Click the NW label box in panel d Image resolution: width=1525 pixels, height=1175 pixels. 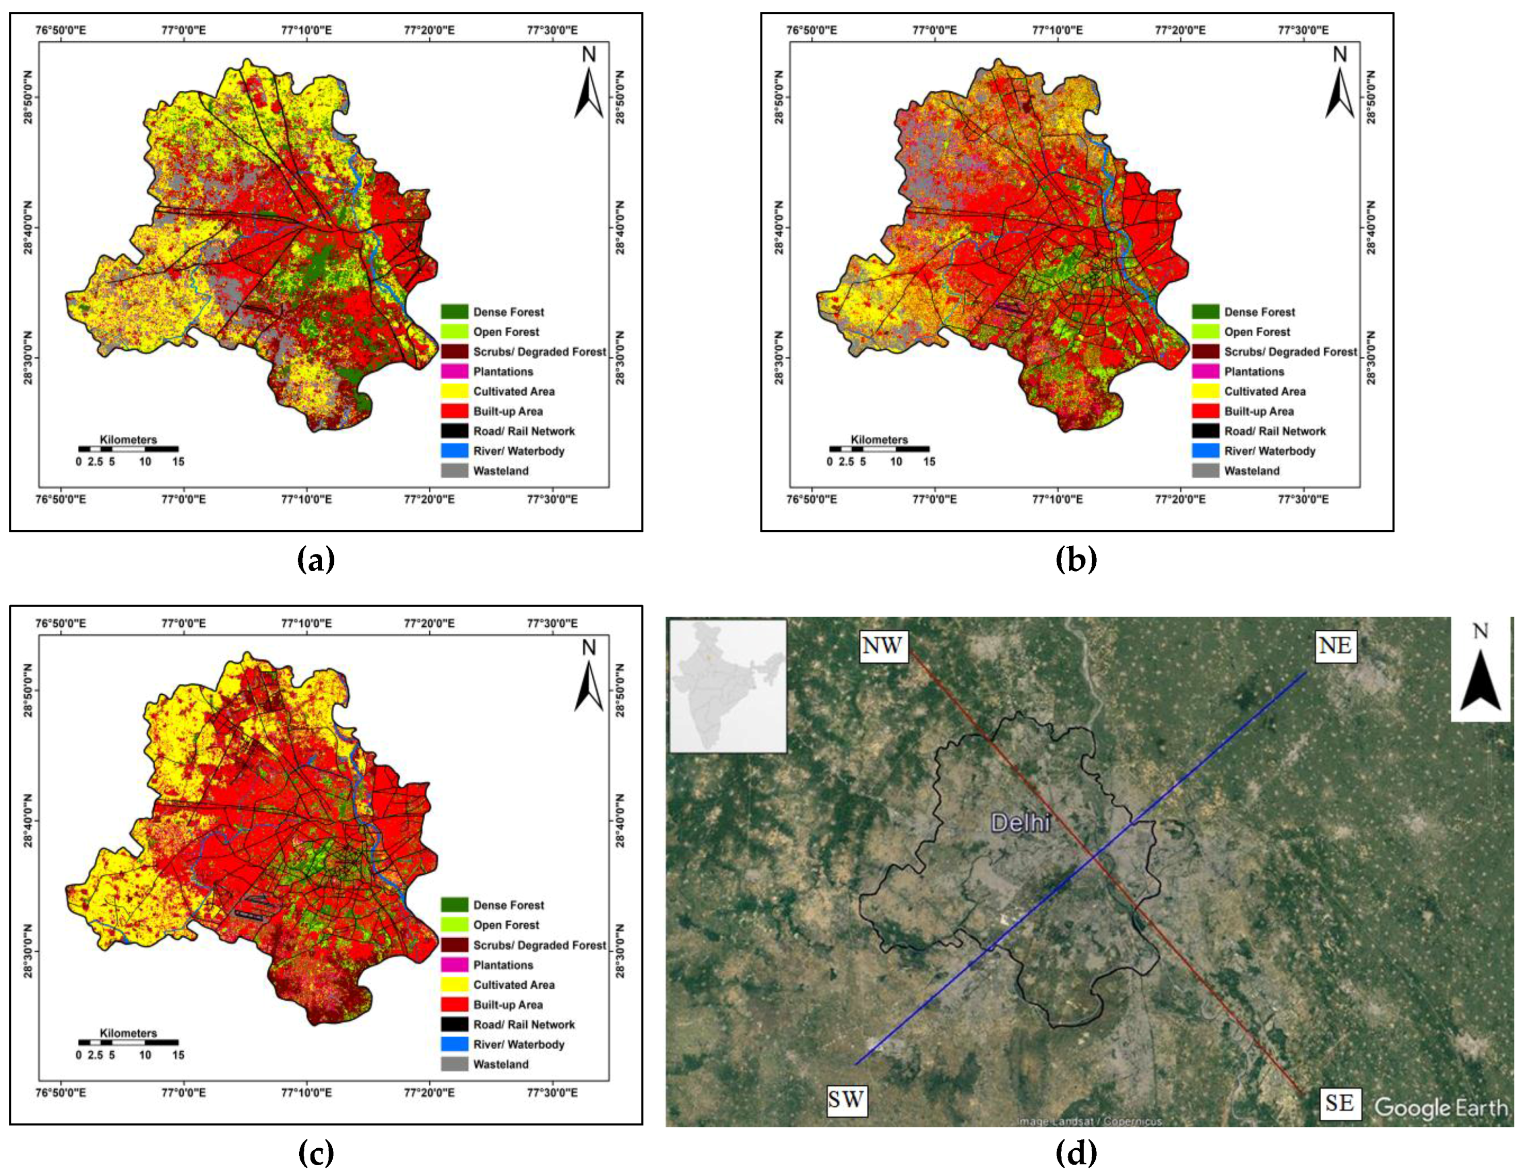pos(883,645)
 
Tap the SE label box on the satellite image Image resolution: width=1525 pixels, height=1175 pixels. pos(1339,1103)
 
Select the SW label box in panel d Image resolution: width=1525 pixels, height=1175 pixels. pos(846,1100)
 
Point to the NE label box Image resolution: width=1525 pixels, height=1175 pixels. pos(1334,646)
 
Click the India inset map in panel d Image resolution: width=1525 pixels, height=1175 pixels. pos(727,687)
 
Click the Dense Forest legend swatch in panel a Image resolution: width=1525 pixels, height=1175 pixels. pos(454,312)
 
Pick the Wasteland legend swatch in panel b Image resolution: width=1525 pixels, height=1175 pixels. pos(1205,470)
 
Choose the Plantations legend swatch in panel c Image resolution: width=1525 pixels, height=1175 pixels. pos(454,965)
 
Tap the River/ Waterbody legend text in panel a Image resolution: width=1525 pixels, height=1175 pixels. pos(519,451)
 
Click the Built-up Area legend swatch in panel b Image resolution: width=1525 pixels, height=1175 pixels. pos(1205,411)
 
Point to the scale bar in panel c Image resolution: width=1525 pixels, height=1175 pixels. pos(128,1042)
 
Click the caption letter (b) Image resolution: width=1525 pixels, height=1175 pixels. pos(1076,560)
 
